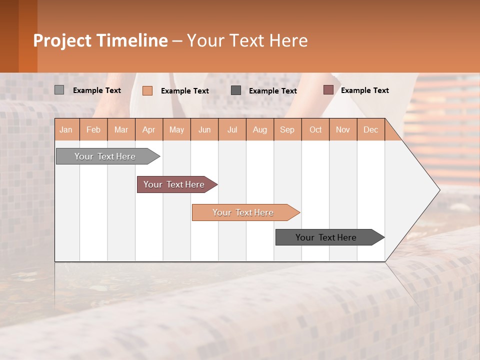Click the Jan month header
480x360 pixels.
[66, 129]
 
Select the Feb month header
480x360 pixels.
[93, 129]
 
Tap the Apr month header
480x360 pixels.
[149, 129]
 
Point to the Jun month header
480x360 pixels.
[204, 129]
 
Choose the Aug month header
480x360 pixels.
[260, 129]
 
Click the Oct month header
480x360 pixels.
[315, 129]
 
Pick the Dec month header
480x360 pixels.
[371, 129]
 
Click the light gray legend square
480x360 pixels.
[59, 90]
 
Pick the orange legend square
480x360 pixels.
[147, 90]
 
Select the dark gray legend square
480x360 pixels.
[236, 90]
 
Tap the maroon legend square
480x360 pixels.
[328, 90]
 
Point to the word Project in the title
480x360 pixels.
[62, 40]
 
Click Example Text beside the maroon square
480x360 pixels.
[364, 90]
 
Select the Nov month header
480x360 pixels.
[343, 129]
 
